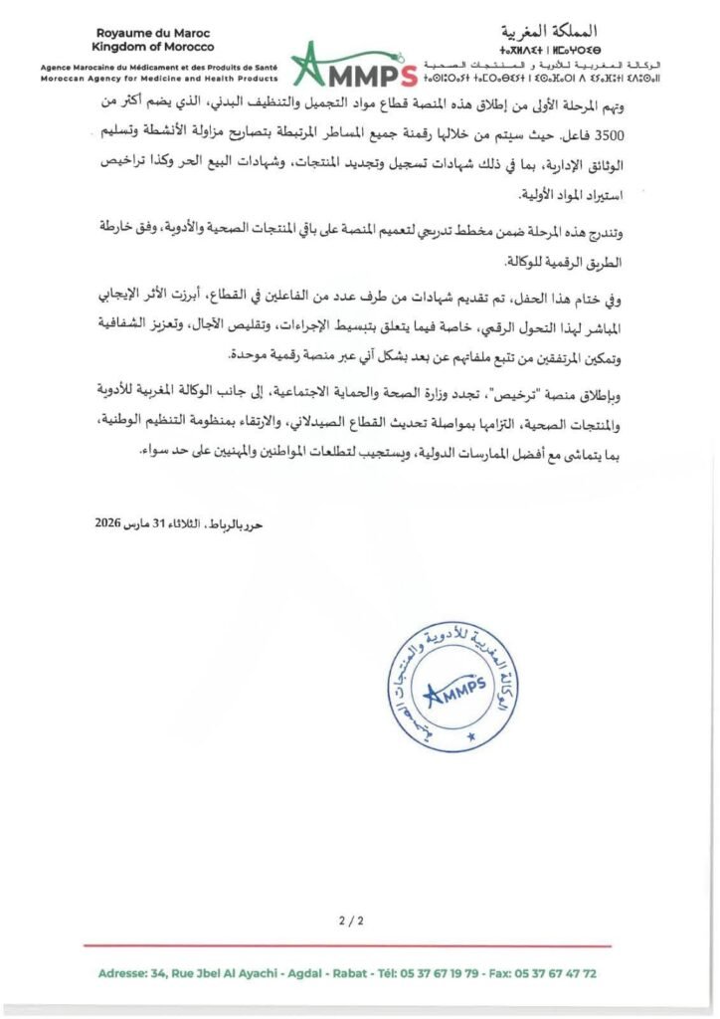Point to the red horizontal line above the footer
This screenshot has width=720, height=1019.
[359, 945]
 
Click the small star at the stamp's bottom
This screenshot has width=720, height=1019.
[471, 737]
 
